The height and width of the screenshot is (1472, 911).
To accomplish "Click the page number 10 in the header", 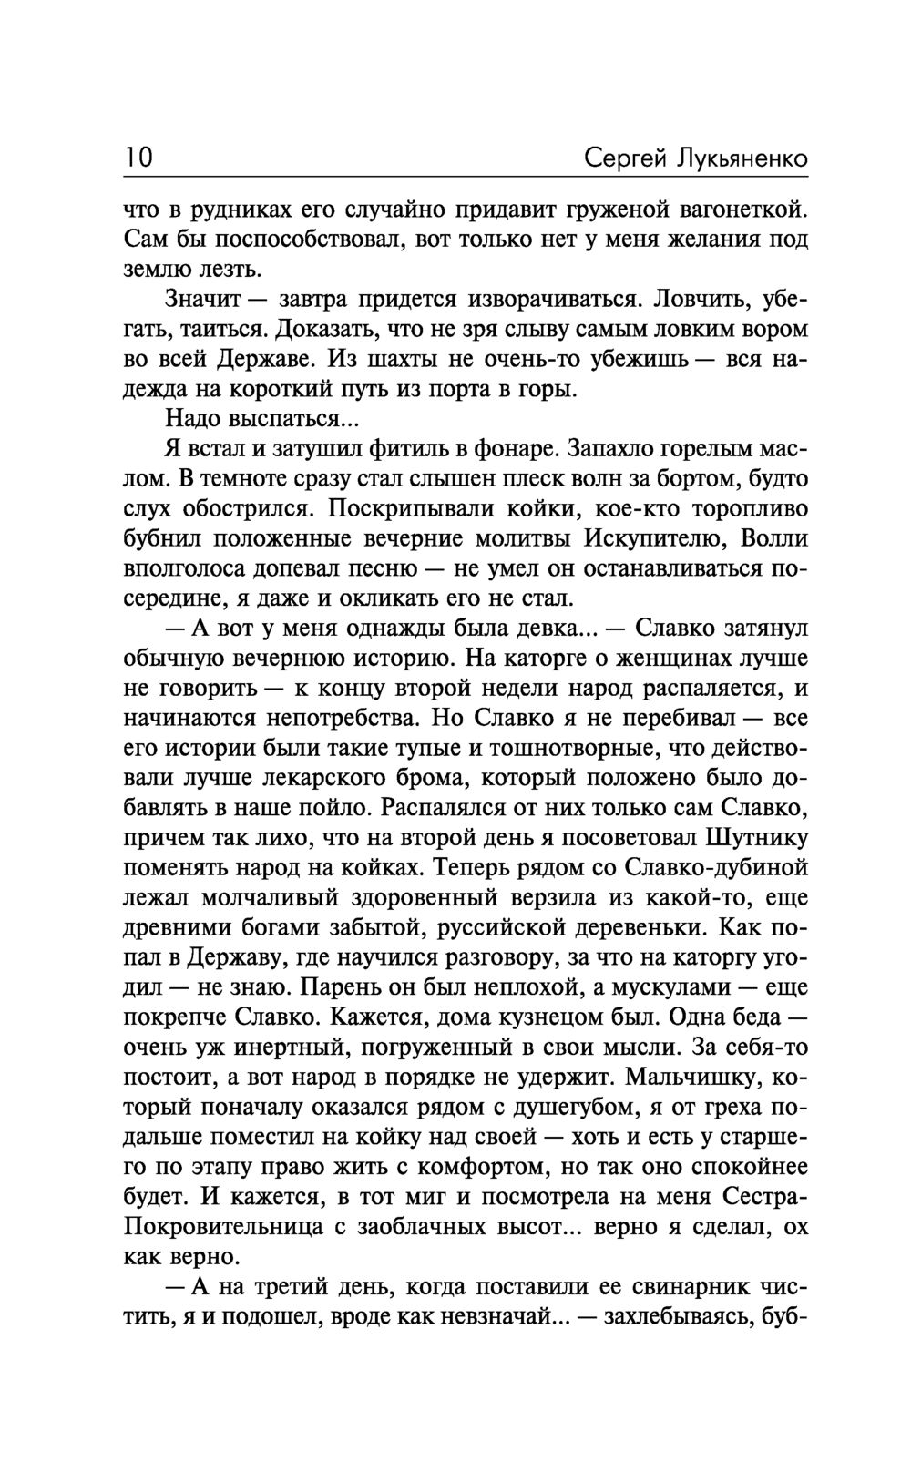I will pos(138,158).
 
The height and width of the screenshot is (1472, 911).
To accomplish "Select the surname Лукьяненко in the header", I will pos(741,158).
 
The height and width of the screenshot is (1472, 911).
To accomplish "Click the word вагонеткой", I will pos(732,210).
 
